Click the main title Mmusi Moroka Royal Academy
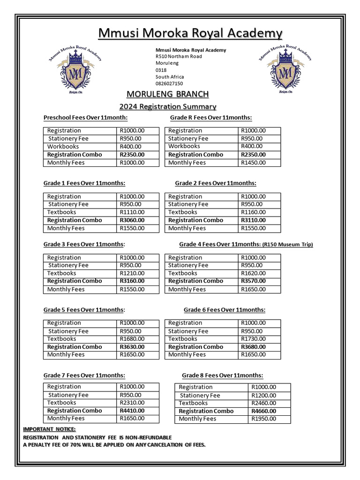point(190,33)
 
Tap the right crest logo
point(285,70)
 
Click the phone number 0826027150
point(169,83)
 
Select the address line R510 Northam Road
point(179,56)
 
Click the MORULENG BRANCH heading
point(167,94)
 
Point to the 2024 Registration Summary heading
point(167,107)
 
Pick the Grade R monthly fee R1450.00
point(253,163)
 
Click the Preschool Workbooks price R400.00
point(132,146)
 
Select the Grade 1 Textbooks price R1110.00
point(132,212)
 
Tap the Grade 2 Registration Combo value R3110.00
point(253,220)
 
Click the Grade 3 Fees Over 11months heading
point(84,244)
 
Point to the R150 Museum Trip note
point(287,245)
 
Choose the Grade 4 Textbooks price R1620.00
point(253,273)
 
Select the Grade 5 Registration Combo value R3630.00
point(132,347)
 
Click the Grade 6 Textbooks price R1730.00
point(253,338)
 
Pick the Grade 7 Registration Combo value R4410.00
point(132,411)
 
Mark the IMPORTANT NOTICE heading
point(49,429)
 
